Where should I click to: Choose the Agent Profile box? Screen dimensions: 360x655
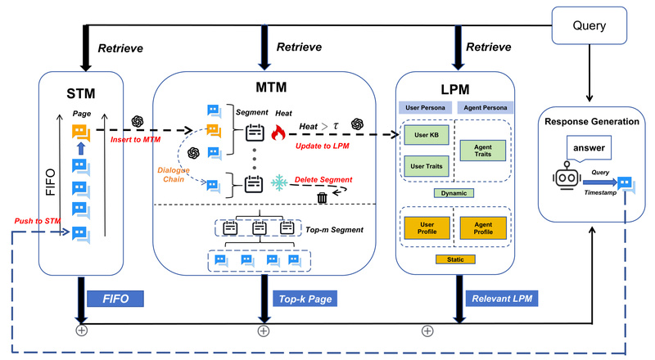coord(483,227)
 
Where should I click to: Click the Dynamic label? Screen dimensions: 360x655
coord(454,193)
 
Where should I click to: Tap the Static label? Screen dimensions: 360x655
coord(454,259)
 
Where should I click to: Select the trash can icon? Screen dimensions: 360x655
coord(323,196)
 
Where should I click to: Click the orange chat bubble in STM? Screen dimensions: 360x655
coord(80,131)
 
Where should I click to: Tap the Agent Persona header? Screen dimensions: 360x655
coord(485,107)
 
